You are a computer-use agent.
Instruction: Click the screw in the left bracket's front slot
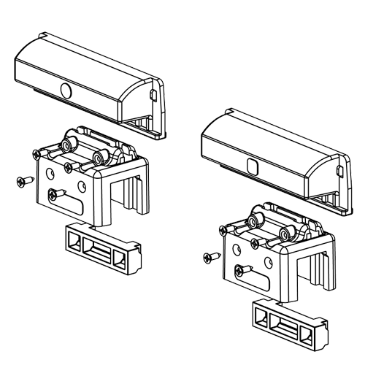click(55, 193)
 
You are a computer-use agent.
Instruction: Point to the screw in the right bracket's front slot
click(241, 269)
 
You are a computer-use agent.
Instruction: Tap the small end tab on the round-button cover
click(152, 95)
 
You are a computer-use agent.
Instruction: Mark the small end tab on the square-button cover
click(339, 169)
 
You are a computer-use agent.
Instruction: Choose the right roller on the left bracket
click(102, 156)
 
